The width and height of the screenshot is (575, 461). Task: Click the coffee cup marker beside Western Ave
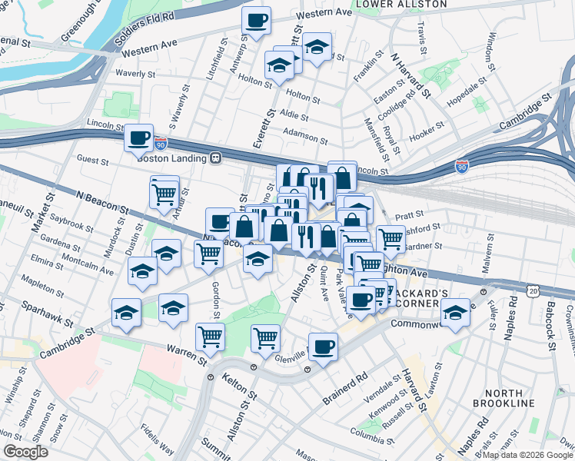tap(256, 21)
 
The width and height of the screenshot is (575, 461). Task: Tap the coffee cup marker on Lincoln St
tap(138, 139)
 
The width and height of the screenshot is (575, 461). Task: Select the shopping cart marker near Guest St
tap(164, 194)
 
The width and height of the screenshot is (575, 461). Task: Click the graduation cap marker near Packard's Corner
tap(455, 313)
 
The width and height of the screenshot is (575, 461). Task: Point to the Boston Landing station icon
tap(217, 158)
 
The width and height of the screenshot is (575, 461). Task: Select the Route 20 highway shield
tap(533, 290)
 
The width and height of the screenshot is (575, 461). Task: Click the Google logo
tap(25, 452)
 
